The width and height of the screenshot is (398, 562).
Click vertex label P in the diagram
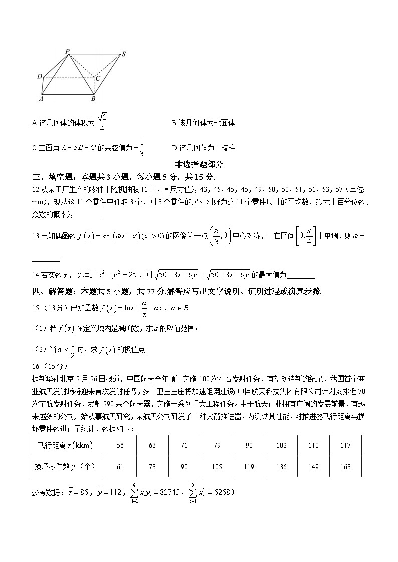(67, 51)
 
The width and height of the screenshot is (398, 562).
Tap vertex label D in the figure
(39, 76)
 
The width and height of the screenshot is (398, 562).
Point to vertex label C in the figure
(98, 78)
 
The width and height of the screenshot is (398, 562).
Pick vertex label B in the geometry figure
(93, 99)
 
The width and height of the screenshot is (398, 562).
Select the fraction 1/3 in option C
(142, 147)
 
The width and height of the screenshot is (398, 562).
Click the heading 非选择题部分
(198, 164)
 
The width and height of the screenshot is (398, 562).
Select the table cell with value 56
(120, 445)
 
